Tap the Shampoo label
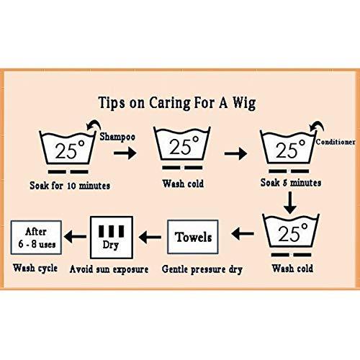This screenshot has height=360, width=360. coord(117,137)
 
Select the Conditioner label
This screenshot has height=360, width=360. coord(336,142)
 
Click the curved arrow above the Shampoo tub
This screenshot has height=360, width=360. coord(94,125)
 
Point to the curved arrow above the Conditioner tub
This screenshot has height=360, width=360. coord(317,126)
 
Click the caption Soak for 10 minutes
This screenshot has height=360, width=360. coord(70,186)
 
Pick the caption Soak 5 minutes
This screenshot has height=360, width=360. coord(291,183)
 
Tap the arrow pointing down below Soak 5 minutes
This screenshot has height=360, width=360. coord(290,202)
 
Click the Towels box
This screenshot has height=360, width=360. coord(193,237)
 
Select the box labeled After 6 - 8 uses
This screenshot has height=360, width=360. coord(36,238)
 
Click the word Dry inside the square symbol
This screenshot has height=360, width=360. coord(111,245)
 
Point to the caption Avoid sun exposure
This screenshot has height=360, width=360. coord(109,269)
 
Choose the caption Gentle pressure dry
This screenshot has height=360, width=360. coord(202,269)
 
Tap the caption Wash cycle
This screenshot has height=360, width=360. coord(35,268)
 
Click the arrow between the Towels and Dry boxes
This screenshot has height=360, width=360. coord(150,237)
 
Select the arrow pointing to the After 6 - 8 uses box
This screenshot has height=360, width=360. coord(75,237)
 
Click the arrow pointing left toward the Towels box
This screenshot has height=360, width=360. coord(243,233)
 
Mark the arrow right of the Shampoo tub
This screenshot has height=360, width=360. coord(125,153)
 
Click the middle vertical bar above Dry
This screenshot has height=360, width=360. coord(112,231)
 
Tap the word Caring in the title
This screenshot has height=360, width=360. coord(170,103)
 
